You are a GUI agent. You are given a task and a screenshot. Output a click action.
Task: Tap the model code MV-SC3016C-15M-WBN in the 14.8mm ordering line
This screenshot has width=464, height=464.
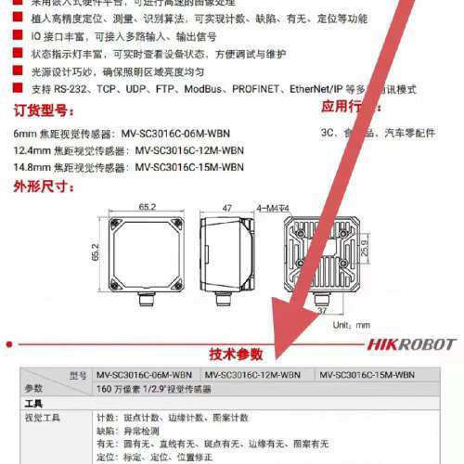189,167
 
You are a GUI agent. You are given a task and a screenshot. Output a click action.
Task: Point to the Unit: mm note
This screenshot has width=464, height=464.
352,325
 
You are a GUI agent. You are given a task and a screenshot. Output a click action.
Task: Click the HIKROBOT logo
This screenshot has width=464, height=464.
410,344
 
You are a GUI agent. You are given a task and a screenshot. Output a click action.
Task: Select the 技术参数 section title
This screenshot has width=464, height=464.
236,354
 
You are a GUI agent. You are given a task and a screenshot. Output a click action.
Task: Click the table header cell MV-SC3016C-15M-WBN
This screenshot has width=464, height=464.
367,375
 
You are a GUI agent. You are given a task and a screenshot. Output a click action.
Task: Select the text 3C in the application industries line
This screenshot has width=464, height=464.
328,132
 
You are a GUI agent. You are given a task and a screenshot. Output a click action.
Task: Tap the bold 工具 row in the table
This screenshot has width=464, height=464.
34,404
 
